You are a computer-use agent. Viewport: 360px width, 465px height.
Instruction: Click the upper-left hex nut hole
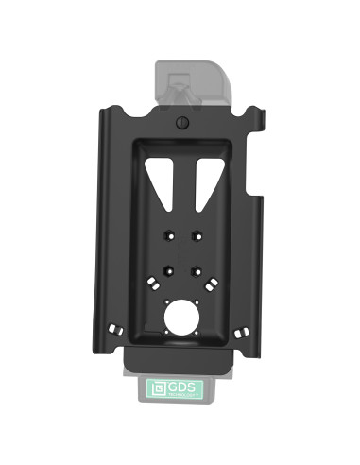click(168, 234)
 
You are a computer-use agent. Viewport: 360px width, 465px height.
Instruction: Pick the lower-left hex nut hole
click(168, 270)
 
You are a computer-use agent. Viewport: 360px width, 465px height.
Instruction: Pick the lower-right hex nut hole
click(195, 270)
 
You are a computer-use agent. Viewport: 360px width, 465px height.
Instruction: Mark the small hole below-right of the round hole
click(198, 332)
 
